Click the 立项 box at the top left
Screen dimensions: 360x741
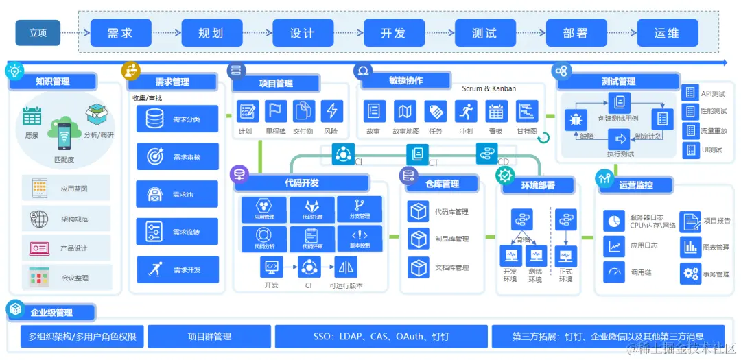click(x=38, y=33)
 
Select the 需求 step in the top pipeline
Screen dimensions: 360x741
click(x=119, y=33)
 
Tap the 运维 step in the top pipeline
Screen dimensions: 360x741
click(x=667, y=33)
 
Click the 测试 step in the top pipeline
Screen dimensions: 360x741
click(x=484, y=33)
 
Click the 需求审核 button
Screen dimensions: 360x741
click(x=177, y=157)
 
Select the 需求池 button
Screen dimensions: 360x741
click(x=177, y=195)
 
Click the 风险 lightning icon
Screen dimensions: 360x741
click(x=331, y=111)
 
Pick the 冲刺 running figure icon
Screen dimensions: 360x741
click(x=465, y=111)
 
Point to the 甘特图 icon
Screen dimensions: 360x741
click(x=527, y=111)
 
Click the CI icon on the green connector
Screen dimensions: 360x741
click(x=342, y=154)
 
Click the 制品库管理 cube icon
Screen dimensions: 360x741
click(x=418, y=239)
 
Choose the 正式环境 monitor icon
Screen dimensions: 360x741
click(x=565, y=256)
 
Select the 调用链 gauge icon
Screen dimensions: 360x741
click(x=613, y=272)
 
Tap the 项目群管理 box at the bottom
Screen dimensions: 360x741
click(x=209, y=337)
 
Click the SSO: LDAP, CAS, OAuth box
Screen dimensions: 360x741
click(x=381, y=337)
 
